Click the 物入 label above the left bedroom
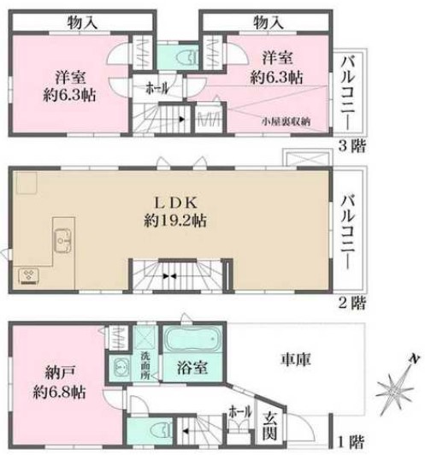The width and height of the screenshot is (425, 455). pos(70,21)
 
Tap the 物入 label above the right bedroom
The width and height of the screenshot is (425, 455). pos(268,21)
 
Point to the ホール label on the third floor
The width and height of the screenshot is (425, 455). pos(156,87)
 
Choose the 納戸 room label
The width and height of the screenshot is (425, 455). pos(58,373)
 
